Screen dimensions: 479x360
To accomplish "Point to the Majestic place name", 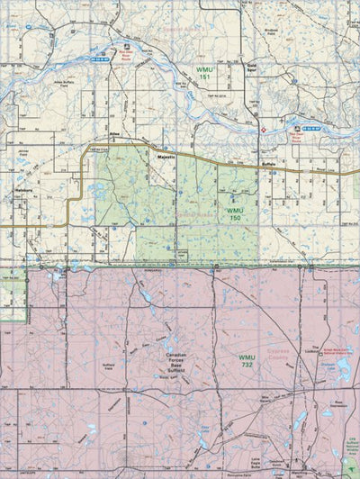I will tap(165, 157).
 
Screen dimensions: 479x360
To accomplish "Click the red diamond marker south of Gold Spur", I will tap(263, 131).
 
